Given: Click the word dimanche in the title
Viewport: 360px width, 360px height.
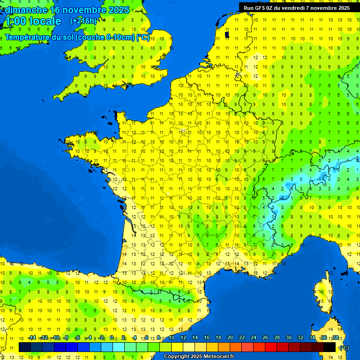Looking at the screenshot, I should click(26, 10).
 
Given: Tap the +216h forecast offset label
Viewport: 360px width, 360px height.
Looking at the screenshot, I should click(83, 21).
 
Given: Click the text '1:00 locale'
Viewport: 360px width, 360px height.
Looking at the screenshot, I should click(33, 21).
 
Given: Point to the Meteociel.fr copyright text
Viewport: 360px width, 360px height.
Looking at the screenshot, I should click(199, 357).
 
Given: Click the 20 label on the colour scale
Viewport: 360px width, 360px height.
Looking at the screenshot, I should click(230, 337).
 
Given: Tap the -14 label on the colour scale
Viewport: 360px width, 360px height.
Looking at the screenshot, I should click(32, 337).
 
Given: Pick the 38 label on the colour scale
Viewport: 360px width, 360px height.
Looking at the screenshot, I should click(335, 337).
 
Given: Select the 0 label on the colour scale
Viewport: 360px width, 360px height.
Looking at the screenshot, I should click(112, 337).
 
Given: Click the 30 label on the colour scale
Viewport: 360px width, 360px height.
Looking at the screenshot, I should click(288, 337).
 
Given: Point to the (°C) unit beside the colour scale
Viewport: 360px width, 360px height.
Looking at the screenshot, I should click(344, 347).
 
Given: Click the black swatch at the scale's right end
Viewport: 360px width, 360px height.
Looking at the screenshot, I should click(330, 347).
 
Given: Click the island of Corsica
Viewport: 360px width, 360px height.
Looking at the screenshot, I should click(323, 295).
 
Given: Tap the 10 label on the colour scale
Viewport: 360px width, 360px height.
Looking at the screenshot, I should click(171, 337).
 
